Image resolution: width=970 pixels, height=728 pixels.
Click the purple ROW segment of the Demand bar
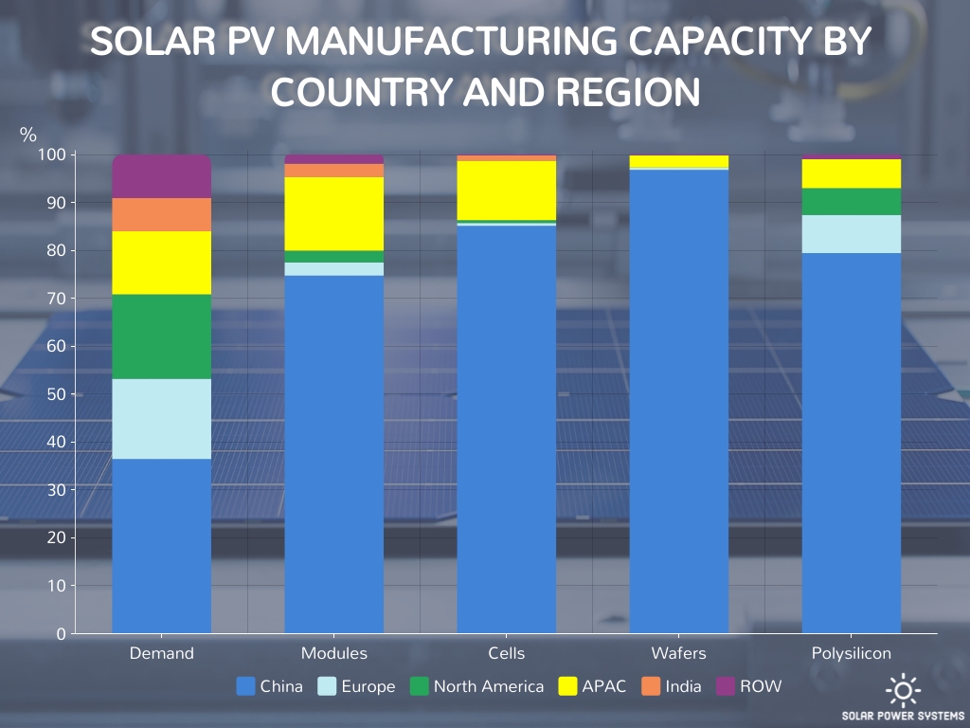click(x=162, y=176)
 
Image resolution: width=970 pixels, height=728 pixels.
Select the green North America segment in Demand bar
click(x=162, y=337)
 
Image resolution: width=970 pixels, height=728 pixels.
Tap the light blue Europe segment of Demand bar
click(x=162, y=418)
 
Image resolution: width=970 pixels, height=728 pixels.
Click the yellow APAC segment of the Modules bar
click(x=334, y=213)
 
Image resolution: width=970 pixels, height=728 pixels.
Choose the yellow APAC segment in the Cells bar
click(x=507, y=190)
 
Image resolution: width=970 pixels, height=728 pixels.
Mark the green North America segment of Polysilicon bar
click(x=852, y=201)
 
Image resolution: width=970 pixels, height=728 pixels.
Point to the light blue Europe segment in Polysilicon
click(x=852, y=233)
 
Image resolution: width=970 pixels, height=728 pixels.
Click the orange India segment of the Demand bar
click(x=162, y=214)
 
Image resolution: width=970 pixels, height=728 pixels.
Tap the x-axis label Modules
click(x=334, y=653)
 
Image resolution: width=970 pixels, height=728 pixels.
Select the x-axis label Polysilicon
click(x=852, y=653)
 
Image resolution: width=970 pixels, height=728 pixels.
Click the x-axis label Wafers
click(x=679, y=653)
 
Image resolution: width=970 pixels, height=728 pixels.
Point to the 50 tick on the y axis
click(x=56, y=394)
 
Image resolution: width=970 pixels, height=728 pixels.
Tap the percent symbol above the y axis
click(x=28, y=135)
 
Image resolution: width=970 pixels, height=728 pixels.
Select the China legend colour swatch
click(x=245, y=686)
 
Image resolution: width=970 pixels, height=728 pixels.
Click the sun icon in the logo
click(x=903, y=689)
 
